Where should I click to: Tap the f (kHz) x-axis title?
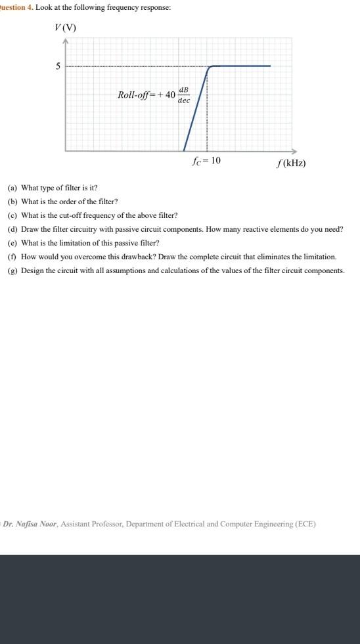point(291,163)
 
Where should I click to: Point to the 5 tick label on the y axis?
point(58,66)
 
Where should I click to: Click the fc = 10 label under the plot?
point(206,161)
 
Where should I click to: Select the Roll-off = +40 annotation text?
point(146,95)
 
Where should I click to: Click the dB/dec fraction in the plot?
point(184,95)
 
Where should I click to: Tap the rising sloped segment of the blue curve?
point(196,108)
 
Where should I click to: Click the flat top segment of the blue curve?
point(240,66)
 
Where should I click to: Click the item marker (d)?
point(12,230)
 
